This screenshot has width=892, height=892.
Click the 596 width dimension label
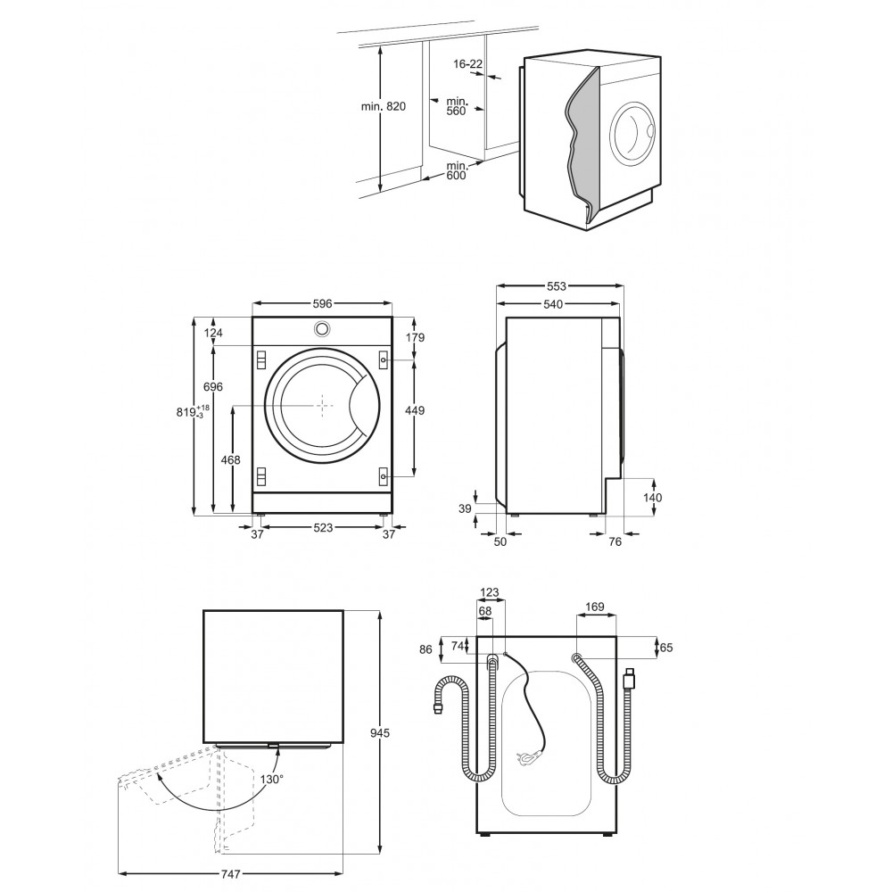tap(322, 304)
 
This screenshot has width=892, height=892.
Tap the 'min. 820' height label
tap(384, 106)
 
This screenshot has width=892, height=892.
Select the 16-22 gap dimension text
tap(467, 63)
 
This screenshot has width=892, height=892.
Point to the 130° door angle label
tap(272, 779)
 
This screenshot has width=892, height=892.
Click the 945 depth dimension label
tap(380, 732)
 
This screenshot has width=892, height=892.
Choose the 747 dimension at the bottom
tap(230, 874)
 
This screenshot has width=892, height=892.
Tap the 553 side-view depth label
tap(557, 286)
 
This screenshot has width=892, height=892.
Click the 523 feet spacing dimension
tap(323, 528)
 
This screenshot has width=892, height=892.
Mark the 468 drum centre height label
tap(230, 459)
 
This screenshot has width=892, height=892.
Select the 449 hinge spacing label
tap(416, 410)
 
